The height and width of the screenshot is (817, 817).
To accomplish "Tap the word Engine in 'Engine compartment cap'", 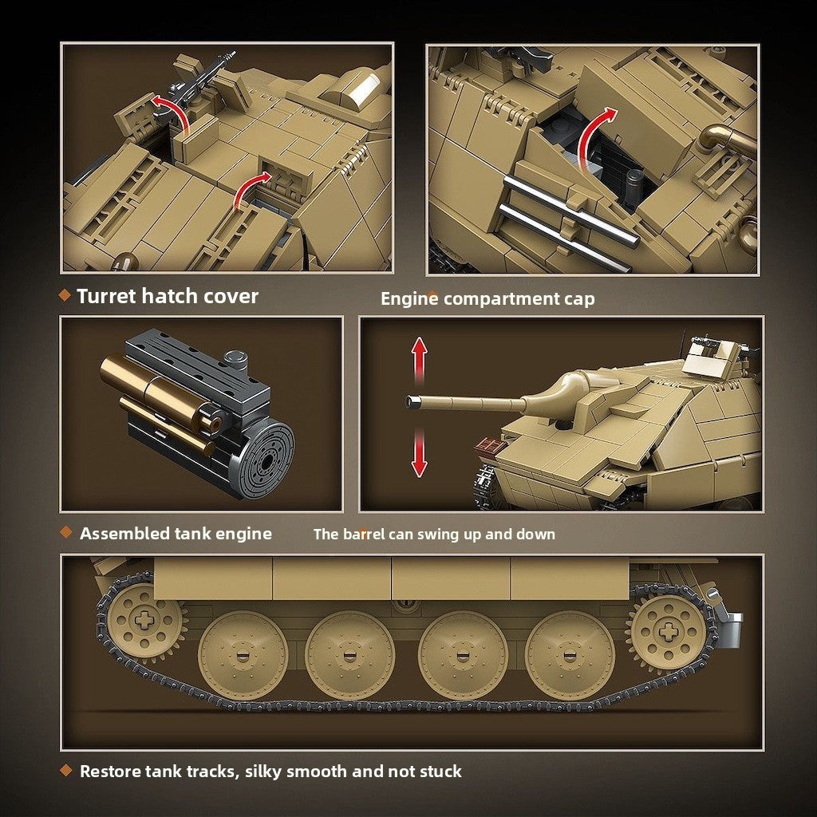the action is click(409, 298).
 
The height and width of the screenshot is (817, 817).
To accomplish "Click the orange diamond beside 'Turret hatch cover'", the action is click(65, 295).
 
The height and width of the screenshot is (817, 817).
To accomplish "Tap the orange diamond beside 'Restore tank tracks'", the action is click(65, 770).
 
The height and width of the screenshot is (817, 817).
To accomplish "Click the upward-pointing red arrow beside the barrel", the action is click(419, 360).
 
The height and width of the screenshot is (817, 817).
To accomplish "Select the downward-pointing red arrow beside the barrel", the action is click(419, 453).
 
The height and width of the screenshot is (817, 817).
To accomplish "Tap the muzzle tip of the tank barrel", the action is click(412, 401).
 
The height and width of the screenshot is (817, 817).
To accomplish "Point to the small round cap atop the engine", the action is click(235, 359).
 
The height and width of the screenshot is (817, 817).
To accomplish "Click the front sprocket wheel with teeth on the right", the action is click(668, 632).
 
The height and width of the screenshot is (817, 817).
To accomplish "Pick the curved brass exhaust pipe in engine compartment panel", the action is click(727, 138).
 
